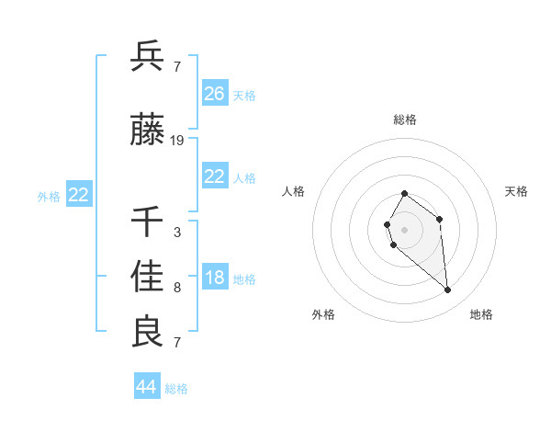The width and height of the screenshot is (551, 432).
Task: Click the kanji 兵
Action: pos(148,56)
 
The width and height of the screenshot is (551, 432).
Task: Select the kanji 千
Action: pos(148,222)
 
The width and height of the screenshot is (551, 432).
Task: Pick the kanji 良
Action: pos(148,332)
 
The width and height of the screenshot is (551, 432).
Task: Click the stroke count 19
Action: pos(177,141)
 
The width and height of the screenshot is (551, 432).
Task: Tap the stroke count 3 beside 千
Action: pos(177,233)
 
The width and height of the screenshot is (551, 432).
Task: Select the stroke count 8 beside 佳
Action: pos(177,288)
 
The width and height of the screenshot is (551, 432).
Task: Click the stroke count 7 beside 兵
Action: pos(177,67)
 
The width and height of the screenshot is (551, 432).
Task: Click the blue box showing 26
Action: pos(215,94)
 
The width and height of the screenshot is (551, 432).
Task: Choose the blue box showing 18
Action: pos(215,278)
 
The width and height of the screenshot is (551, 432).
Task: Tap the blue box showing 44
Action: pos(147,387)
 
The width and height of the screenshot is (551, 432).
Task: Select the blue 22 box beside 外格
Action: pos(79,195)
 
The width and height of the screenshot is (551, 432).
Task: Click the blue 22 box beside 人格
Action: pos(215,176)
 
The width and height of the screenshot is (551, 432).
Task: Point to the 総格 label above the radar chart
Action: pos(405,119)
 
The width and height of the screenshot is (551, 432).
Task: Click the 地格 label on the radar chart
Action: pos(481,315)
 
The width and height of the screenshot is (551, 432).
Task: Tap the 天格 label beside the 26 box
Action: pos(244,95)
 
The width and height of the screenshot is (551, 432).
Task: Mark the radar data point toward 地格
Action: pos(448,290)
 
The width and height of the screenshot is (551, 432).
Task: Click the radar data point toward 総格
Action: pos(405,194)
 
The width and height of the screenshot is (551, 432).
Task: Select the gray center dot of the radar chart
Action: pos(405,229)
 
